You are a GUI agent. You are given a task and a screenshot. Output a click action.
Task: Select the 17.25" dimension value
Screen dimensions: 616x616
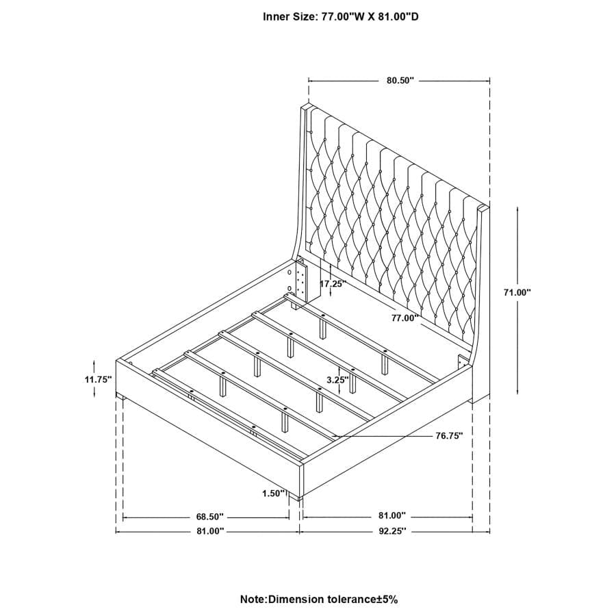click(x=333, y=283)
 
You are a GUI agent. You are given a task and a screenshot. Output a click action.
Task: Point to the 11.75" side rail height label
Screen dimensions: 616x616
click(x=98, y=381)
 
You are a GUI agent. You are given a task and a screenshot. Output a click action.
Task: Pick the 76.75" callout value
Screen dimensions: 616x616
click(x=449, y=435)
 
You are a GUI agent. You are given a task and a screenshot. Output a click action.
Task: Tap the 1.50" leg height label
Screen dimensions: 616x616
click(x=273, y=493)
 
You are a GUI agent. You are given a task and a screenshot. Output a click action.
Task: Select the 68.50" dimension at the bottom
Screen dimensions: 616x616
click(x=209, y=516)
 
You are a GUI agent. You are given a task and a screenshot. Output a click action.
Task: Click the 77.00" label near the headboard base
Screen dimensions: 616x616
click(x=405, y=318)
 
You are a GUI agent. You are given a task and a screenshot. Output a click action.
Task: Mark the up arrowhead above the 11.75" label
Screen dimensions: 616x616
click(x=95, y=361)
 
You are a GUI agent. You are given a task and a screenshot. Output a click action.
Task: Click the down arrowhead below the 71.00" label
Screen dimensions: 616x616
click(x=517, y=392)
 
